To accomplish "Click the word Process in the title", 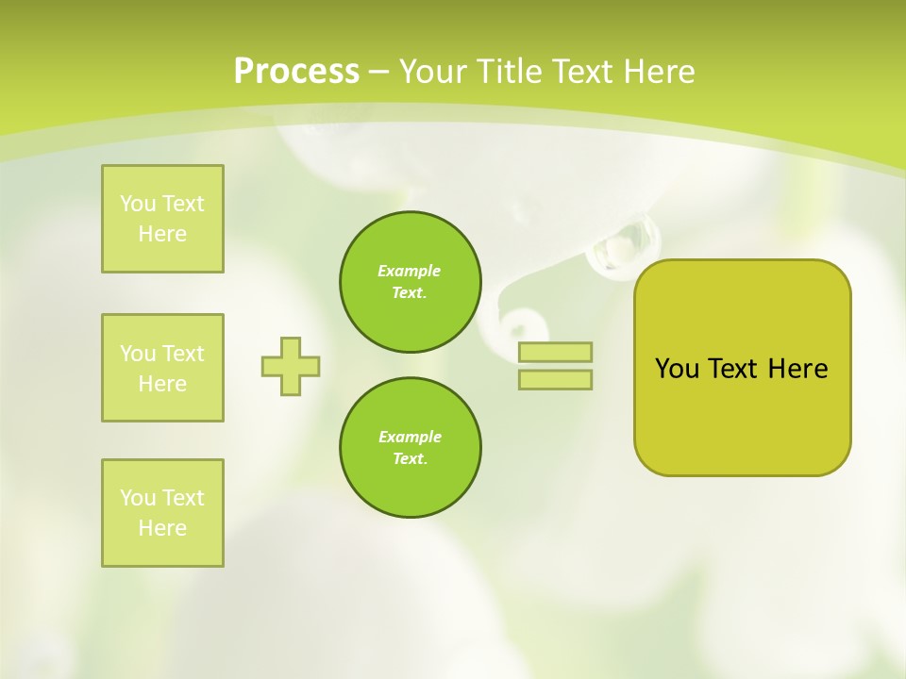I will pos(296,72).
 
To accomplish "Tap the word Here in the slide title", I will pos(657,72).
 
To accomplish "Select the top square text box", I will pos(162,219).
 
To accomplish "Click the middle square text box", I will pos(162,368).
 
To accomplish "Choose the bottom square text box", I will pos(162,513).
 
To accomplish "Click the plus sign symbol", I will pos(291,366).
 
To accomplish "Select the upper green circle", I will pos(411,282).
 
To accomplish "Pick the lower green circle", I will pos(411,448).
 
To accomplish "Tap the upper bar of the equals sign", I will pos(556,352).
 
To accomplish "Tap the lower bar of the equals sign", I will pos(556,379).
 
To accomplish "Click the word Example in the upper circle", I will pos(410,271).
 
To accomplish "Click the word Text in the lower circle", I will pos(409,459).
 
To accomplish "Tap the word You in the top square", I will pos(138,204).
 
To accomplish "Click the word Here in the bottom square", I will pos(162,528).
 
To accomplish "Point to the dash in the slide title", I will pos(379,72).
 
